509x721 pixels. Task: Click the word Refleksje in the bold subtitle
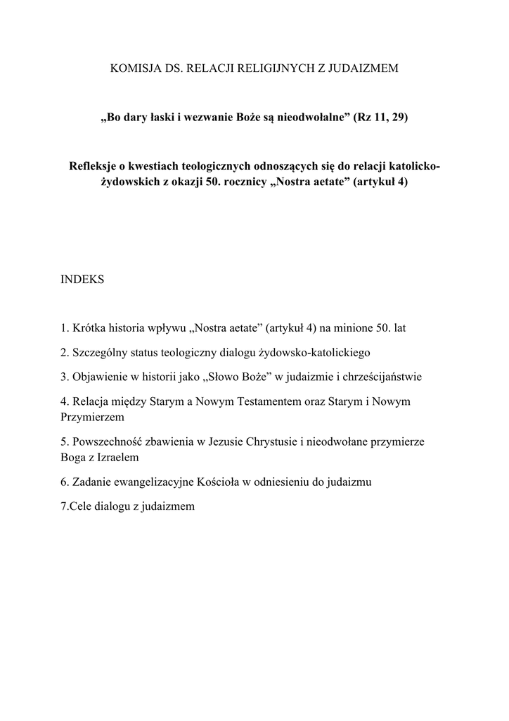(92, 166)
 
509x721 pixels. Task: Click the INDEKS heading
(83, 280)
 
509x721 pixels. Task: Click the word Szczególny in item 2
(99, 352)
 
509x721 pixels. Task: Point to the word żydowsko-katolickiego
(314, 352)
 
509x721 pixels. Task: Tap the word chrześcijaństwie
(378, 377)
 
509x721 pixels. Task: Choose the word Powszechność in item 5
(107, 441)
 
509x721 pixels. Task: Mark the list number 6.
(65, 482)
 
